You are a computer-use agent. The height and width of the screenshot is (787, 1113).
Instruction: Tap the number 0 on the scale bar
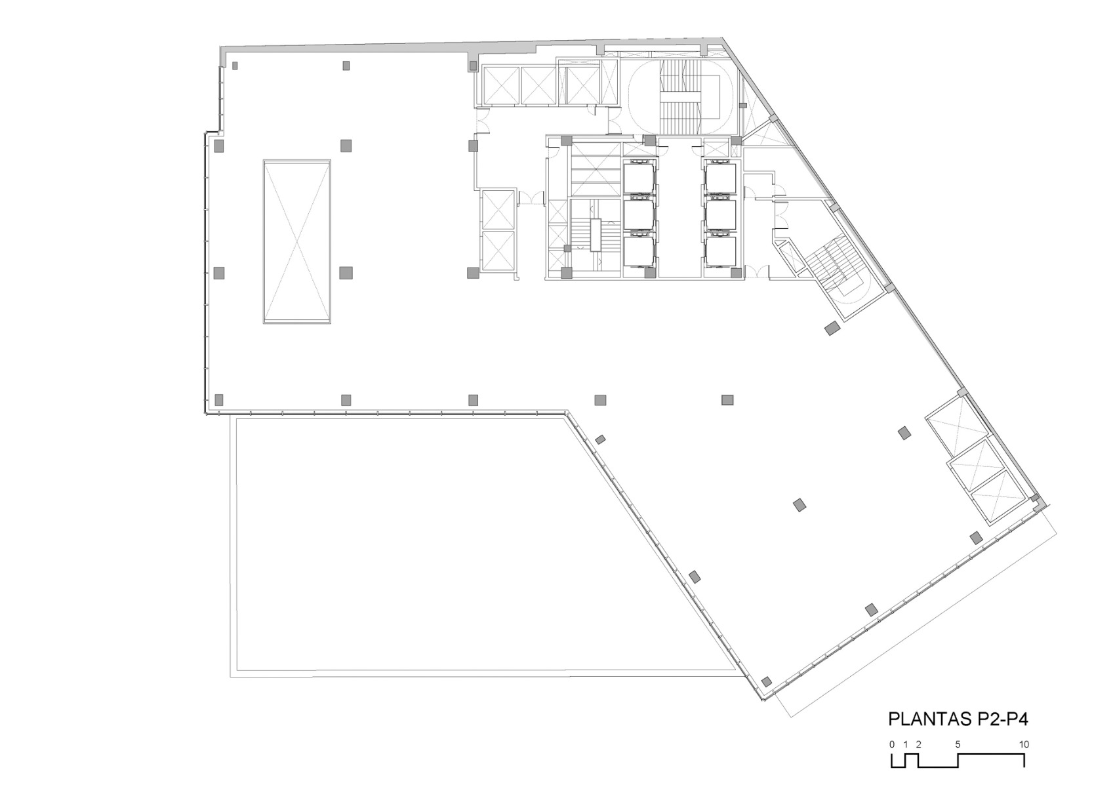click(x=892, y=744)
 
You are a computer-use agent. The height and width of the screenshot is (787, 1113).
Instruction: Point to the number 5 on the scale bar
click(x=958, y=744)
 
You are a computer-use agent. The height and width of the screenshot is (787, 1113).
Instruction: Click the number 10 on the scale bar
click(x=1024, y=744)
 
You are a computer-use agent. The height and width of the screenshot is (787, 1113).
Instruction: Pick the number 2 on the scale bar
click(x=919, y=744)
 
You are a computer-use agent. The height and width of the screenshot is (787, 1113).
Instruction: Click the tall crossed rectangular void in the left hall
click(x=296, y=241)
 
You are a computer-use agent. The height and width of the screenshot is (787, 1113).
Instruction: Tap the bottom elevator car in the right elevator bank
click(x=721, y=251)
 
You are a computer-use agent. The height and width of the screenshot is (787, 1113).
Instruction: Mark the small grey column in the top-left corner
click(x=235, y=65)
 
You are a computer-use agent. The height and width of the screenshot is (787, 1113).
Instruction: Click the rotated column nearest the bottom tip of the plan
click(x=766, y=681)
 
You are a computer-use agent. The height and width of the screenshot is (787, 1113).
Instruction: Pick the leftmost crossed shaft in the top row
click(x=500, y=85)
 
